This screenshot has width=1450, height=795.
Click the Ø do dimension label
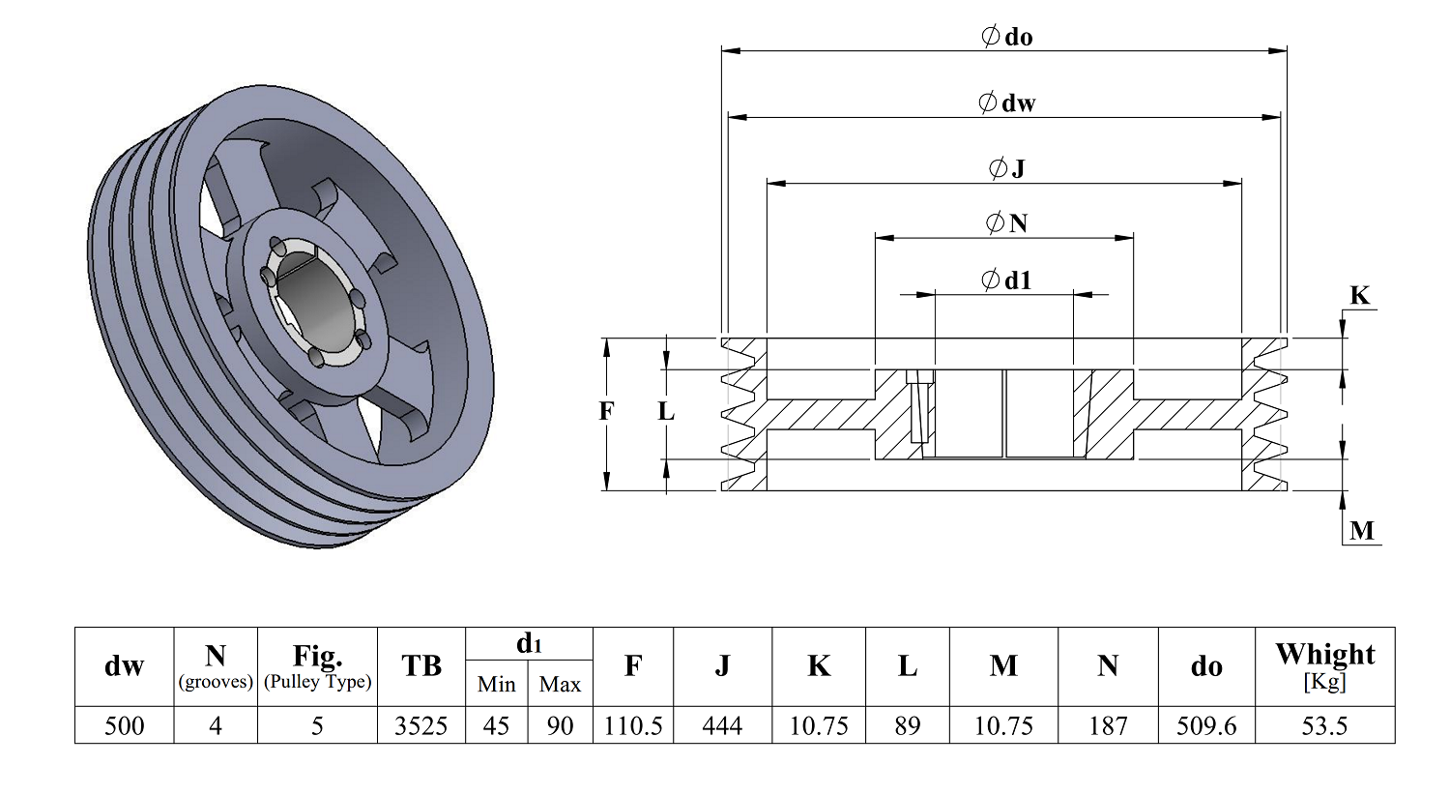pyautogui.click(x=1006, y=38)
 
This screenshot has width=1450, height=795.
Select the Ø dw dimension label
pyautogui.click(x=1006, y=103)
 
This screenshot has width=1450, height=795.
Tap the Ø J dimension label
pyautogui.click(x=1006, y=168)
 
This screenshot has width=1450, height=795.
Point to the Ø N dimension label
pyautogui.click(x=1006, y=223)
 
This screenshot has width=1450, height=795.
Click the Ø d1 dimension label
pyautogui.click(x=1006, y=280)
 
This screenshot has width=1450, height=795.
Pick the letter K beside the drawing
pyautogui.click(x=1359, y=296)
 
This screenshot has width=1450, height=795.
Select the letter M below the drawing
pyautogui.click(x=1361, y=530)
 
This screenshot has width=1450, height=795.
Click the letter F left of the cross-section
pyautogui.click(x=606, y=411)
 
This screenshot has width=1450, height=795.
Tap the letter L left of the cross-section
pyautogui.click(x=666, y=411)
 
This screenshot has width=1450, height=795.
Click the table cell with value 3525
pyautogui.click(x=420, y=725)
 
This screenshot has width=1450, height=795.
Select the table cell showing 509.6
pyautogui.click(x=1205, y=725)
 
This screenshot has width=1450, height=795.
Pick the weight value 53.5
pyautogui.click(x=1324, y=725)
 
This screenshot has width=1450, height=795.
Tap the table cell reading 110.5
pyautogui.click(x=633, y=725)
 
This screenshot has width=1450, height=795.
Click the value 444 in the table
pyautogui.click(x=722, y=725)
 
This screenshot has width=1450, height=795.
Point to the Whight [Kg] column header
pyautogui.click(x=1324, y=665)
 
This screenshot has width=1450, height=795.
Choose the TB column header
pyautogui.click(x=420, y=665)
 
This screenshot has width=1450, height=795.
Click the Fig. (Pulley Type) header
pyautogui.click(x=317, y=665)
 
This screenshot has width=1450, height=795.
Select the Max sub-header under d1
pyautogui.click(x=560, y=684)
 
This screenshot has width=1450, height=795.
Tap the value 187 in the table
pyautogui.click(x=1108, y=725)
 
